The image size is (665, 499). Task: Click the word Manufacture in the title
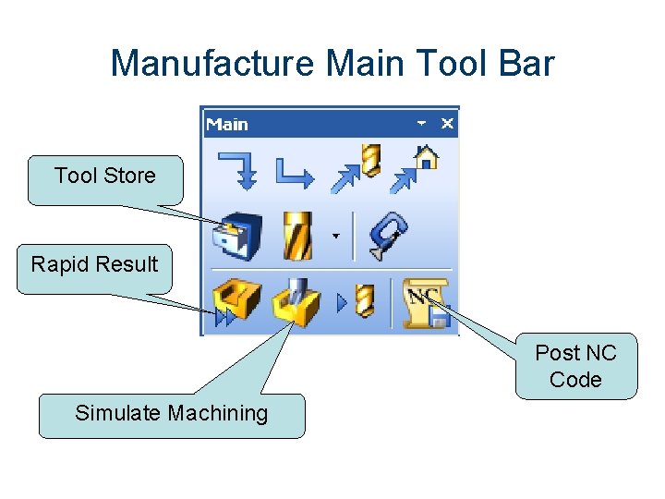click(212, 64)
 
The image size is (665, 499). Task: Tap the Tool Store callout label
click(104, 176)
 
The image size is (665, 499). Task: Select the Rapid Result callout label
click(94, 264)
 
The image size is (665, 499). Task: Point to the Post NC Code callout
click(575, 366)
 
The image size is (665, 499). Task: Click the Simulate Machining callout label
click(171, 413)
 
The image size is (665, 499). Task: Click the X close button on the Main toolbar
click(447, 123)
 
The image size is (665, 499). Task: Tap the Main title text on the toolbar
click(227, 124)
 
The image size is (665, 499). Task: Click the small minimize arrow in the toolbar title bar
click(421, 123)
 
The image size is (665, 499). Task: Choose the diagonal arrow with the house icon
click(414, 170)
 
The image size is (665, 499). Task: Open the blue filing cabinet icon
click(237, 237)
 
